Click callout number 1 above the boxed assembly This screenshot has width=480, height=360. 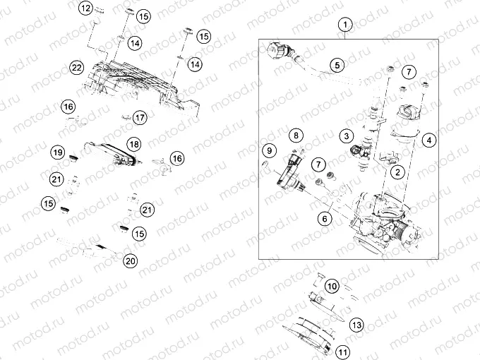coord(344,26)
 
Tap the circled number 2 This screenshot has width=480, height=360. coord(398,172)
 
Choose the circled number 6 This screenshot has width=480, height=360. coord(324,218)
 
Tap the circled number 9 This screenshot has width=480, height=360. coord(269,150)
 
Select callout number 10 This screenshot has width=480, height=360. coord(332,286)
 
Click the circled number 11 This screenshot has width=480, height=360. coord(343,351)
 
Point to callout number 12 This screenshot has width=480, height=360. coord(85,8)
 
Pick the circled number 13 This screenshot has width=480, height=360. coord(356,325)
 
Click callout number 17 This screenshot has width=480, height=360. coord(140,117)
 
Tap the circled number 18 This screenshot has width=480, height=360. coord(133,145)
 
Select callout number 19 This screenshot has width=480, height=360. coord(58,152)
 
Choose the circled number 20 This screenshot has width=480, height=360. coord(129,260)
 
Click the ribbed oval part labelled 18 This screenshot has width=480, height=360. coord(109,152)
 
